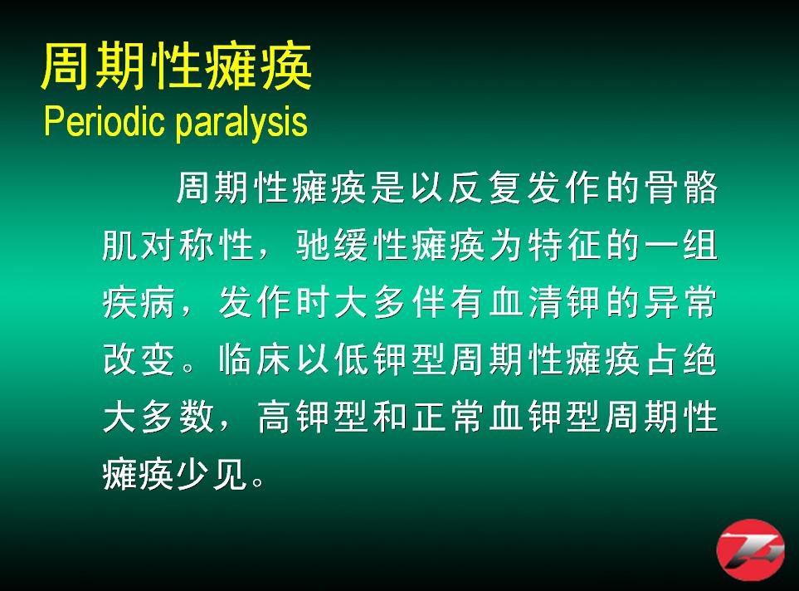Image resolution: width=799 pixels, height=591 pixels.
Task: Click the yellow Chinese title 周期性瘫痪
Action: pos(176,66)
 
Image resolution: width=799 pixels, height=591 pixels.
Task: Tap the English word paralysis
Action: pos(241,123)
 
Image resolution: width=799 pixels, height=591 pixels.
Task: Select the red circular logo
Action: pos(750,549)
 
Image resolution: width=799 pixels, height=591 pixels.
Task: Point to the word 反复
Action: pos(484,187)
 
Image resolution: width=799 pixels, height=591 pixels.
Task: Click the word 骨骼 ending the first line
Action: pos(680,187)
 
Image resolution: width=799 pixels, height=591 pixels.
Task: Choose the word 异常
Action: pos(680,302)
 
